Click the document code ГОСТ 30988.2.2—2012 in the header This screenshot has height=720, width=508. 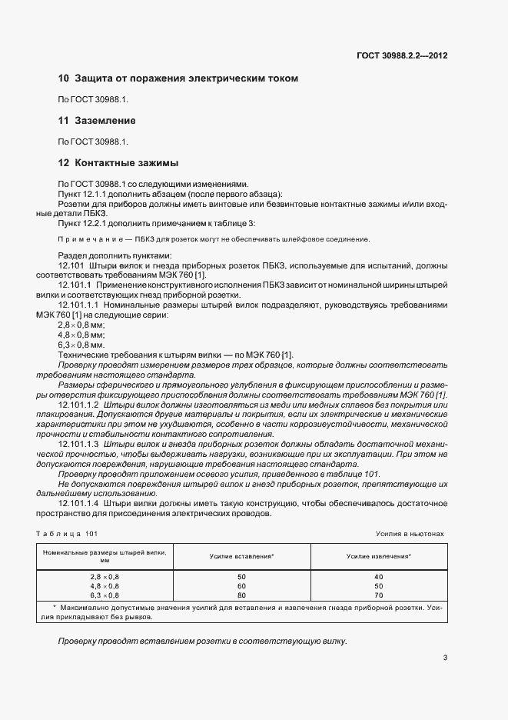pos(402,55)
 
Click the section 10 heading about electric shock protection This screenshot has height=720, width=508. pos(178,78)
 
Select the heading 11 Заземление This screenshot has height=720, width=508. pos(97,121)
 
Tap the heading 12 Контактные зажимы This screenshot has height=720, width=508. pos(118,163)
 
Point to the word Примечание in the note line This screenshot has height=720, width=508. pos(85,239)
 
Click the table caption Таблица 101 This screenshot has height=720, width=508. pos(67,533)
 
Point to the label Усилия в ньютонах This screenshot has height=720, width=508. pos(409,533)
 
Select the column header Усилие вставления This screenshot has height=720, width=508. pos(242,555)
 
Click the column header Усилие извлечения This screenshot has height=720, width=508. pos(378,555)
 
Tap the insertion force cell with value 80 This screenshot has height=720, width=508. pos(242,595)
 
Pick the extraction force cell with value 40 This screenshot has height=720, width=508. pos(378,576)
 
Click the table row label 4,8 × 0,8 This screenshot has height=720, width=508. pos(105,585)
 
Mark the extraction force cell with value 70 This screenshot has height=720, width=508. pos(378,595)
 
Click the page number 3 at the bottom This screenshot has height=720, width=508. pos(445,657)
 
